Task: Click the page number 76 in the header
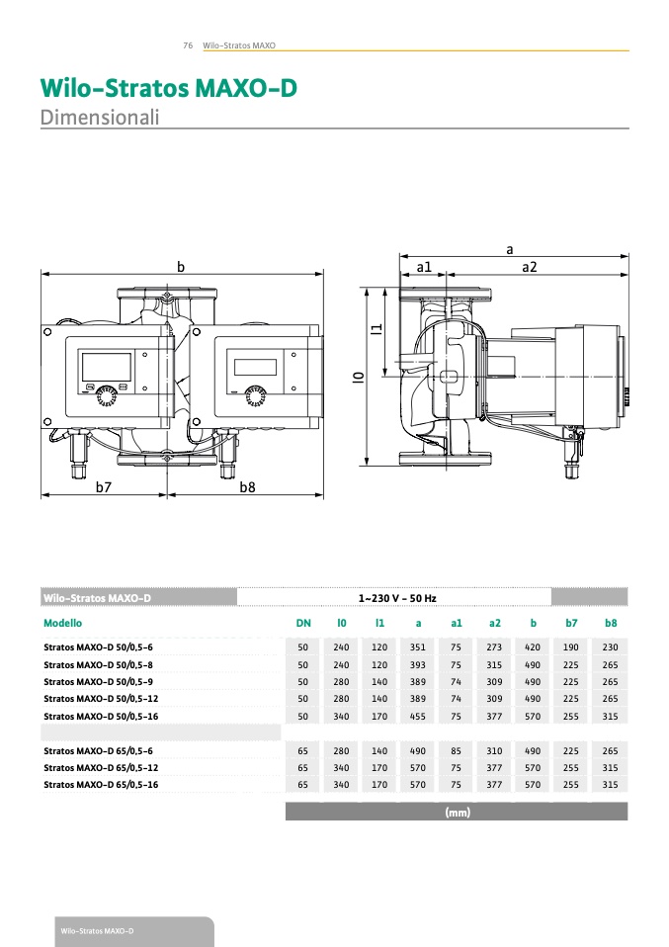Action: pyautogui.click(x=187, y=45)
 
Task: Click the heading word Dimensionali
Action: pyautogui.click(x=100, y=117)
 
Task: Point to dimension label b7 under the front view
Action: pyautogui.click(x=105, y=487)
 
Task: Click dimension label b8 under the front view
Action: pyautogui.click(x=248, y=487)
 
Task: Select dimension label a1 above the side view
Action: pyautogui.click(x=425, y=267)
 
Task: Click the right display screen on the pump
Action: pyautogui.click(x=255, y=366)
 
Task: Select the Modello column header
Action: pyautogui.click(x=63, y=623)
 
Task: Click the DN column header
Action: pyautogui.click(x=303, y=623)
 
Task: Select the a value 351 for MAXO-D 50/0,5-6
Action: pyautogui.click(x=418, y=646)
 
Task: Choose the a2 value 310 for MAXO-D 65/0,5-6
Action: pyautogui.click(x=494, y=750)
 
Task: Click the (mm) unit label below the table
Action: pyautogui.click(x=457, y=813)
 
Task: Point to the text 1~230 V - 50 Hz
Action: pyautogui.click(x=396, y=598)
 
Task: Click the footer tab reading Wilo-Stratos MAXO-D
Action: pyautogui.click(x=97, y=931)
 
